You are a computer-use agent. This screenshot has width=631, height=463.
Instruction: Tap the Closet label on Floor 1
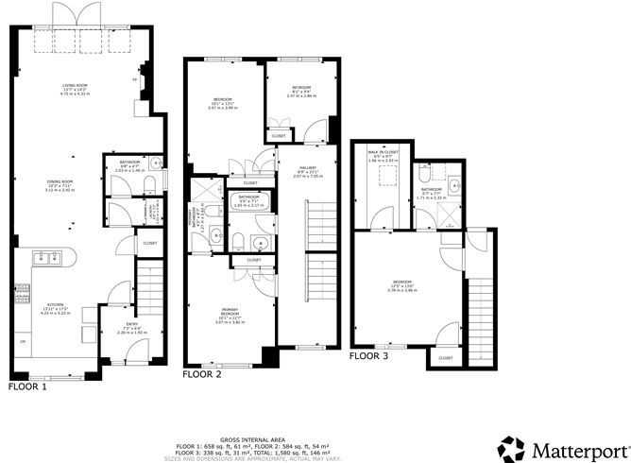point(150,243)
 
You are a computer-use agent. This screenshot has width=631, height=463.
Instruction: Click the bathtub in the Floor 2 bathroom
point(248,201)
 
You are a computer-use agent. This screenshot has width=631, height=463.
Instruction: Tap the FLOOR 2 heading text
point(201,374)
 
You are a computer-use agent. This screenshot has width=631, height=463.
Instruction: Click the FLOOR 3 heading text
point(368,356)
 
